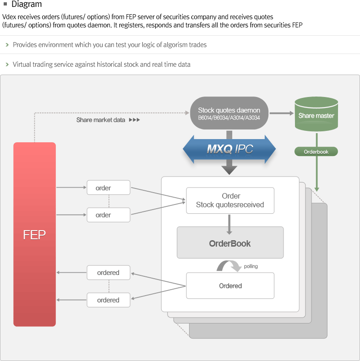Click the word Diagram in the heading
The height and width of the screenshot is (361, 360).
pyautogui.click(x=27, y=5)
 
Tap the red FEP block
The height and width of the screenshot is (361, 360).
pyautogui.click(x=34, y=234)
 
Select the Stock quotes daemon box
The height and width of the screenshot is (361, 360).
pyautogui.click(x=229, y=113)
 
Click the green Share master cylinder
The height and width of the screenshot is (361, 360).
pyautogui.click(x=316, y=115)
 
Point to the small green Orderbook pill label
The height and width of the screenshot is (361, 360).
pyautogui.click(x=316, y=151)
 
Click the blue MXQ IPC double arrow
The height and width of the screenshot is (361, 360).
pyautogui.click(x=229, y=149)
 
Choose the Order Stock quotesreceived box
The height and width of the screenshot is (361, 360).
pyautogui.click(x=230, y=200)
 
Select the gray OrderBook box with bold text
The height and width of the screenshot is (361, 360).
pyautogui.click(x=230, y=243)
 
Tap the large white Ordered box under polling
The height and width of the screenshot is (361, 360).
pyautogui.click(x=230, y=286)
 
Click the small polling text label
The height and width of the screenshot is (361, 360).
pyautogui.click(x=251, y=266)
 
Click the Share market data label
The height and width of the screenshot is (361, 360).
pyautogui.click(x=101, y=120)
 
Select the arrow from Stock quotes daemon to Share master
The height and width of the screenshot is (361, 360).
pyautogui.click(x=281, y=113)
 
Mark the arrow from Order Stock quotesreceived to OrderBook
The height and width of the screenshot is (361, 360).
pyautogui.click(x=229, y=224)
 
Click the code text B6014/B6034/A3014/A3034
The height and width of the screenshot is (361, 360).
pyautogui.click(x=229, y=118)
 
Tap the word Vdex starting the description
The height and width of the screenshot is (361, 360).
pyautogui.click(x=10, y=17)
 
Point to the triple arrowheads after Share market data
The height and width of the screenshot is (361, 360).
pyautogui.click(x=134, y=120)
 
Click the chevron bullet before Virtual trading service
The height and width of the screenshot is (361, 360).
pyautogui.click(x=7, y=65)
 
